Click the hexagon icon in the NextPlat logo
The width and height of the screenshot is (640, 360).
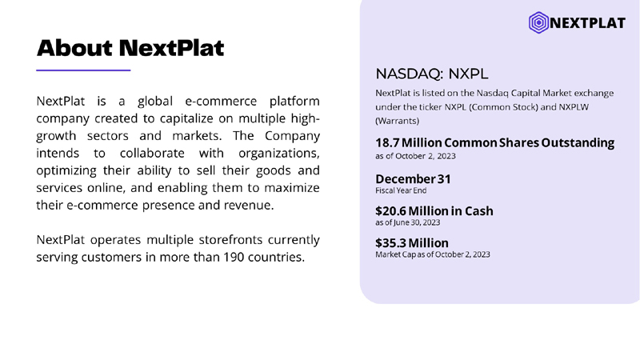coord(538,22)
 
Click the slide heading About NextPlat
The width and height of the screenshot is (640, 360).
coord(130,48)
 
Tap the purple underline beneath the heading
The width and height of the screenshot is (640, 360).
coord(83,70)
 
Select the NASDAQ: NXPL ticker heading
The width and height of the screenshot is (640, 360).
coord(431,74)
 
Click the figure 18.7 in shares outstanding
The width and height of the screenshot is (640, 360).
coord(387,143)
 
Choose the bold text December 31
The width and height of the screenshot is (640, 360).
coord(413,178)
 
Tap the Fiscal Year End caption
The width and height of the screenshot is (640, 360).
coord(401,190)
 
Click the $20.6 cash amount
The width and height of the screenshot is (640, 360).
coord(390,211)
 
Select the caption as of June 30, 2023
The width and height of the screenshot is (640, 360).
coord(408,222)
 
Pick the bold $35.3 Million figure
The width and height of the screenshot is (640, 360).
coord(412,243)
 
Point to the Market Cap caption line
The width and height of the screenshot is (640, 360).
coord(433,254)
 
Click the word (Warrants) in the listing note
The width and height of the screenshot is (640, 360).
coord(397,121)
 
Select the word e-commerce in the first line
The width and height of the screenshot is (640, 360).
coord(221,101)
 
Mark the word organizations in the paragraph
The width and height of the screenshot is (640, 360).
coord(278,154)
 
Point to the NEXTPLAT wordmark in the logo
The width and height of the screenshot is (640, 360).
coord(588,23)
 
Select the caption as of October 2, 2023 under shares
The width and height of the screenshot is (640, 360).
coord(415,156)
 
